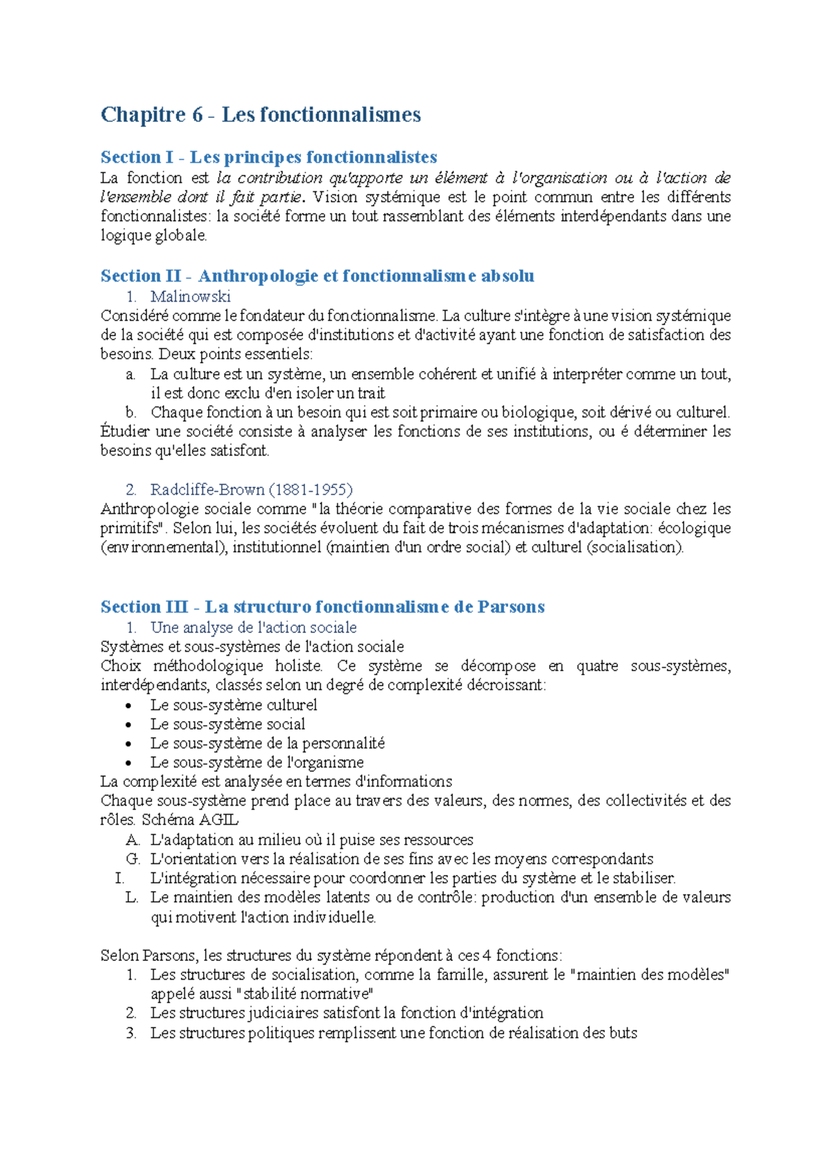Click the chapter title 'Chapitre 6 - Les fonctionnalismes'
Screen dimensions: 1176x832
click(x=261, y=114)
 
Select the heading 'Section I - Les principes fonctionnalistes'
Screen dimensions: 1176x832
click(x=268, y=157)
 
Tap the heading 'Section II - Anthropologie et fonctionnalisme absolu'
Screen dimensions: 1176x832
click(x=317, y=276)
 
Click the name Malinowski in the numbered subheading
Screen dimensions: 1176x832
click(x=190, y=297)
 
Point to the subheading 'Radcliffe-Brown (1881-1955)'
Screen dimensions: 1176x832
click(x=251, y=490)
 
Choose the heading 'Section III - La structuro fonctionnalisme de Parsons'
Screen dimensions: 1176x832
click(x=322, y=607)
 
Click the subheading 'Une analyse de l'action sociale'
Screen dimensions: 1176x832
click(x=253, y=628)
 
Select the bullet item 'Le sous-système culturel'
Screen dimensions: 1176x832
click(x=234, y=705)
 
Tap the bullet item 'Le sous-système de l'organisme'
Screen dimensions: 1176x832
click(x=257, y=762)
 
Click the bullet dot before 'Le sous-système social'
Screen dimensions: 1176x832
click(x=128, y=725)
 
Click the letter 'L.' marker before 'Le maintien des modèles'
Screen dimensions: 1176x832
click(x=132, y=897)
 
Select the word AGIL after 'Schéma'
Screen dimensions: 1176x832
click(x=218, y=820)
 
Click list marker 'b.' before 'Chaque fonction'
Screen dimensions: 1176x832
click(x=131, y=413)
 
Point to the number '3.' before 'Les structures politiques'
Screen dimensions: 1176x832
click(x=131, y=1033)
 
